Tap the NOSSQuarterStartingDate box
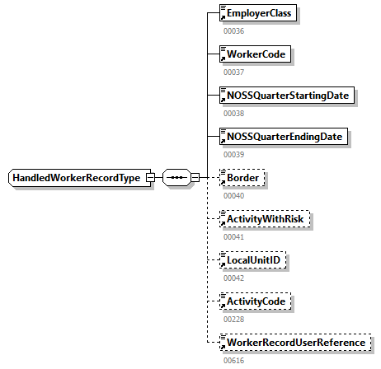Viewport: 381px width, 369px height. (x=286, y=96)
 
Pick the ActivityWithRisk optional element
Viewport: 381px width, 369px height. (x=265, y=219)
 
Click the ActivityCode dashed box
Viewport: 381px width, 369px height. (x=256, y=301)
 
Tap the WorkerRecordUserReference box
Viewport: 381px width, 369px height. (x=294, y=342)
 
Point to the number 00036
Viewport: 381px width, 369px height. (x=233, y=31)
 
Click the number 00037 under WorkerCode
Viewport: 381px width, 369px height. (x=233, y=72)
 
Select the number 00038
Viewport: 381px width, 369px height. (x=233, y=113)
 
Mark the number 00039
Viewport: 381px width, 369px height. (x=233, y=154)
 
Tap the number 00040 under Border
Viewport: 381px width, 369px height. (x=233, y=195)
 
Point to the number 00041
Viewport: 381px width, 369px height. (x=233, y=236)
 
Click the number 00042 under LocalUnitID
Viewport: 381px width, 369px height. (x=233, y=278)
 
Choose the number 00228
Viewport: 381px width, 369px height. (x=233, y=319)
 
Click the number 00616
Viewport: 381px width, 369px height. (x=233, y=360)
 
